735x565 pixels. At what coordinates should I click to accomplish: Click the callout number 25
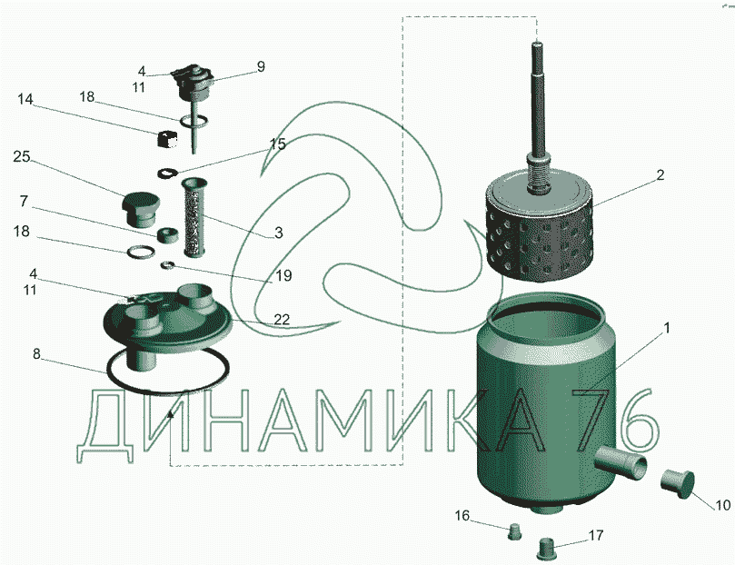tap(22, 156)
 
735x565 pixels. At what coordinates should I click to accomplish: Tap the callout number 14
tap(25, 99)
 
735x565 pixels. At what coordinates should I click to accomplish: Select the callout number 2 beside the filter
tap(660, 175)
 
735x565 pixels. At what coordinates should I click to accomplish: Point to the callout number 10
tap(722, 505)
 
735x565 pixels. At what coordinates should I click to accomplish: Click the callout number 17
tap(596, 535)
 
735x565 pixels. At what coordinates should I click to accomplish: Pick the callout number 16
tap(462, 515)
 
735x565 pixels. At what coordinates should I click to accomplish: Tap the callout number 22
tap(282, 320)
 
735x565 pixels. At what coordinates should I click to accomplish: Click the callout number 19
tap(283, 275)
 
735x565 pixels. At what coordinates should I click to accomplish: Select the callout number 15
tap(278, 144)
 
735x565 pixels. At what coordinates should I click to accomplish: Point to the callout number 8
tap(36, 354)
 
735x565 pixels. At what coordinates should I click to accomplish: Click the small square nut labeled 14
tap(166, 139)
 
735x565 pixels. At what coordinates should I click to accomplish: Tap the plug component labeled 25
tap(141, 207)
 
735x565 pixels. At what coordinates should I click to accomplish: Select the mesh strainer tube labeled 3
tap(195, 216)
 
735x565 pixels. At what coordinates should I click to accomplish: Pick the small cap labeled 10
tap(678, 482)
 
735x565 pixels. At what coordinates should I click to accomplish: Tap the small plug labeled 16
tap(515, 531)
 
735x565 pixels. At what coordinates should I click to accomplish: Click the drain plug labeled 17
tap(546, 549)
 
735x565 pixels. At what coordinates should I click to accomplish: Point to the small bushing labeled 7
tap(167, 234)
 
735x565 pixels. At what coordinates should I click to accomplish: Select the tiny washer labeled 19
tap(167, 265)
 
